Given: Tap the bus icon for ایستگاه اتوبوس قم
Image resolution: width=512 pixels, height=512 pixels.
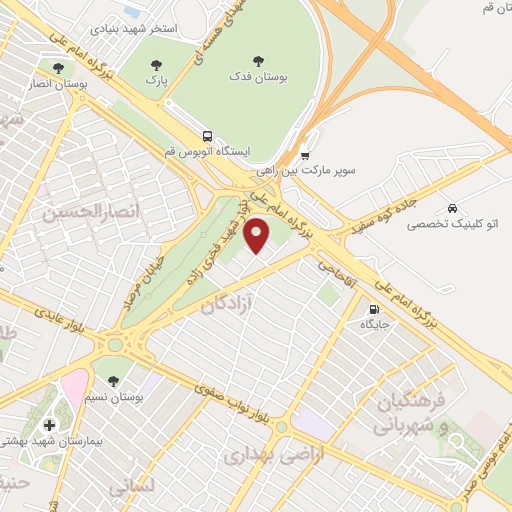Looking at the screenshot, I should (x=207, y=135).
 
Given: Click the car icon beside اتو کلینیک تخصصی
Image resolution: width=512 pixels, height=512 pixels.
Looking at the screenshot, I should (x=453, y=208).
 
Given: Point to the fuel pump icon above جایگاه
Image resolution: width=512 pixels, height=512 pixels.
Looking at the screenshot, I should (x=375, y=309).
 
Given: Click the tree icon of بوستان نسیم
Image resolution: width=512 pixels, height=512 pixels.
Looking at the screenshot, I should (x=113, y=380).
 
